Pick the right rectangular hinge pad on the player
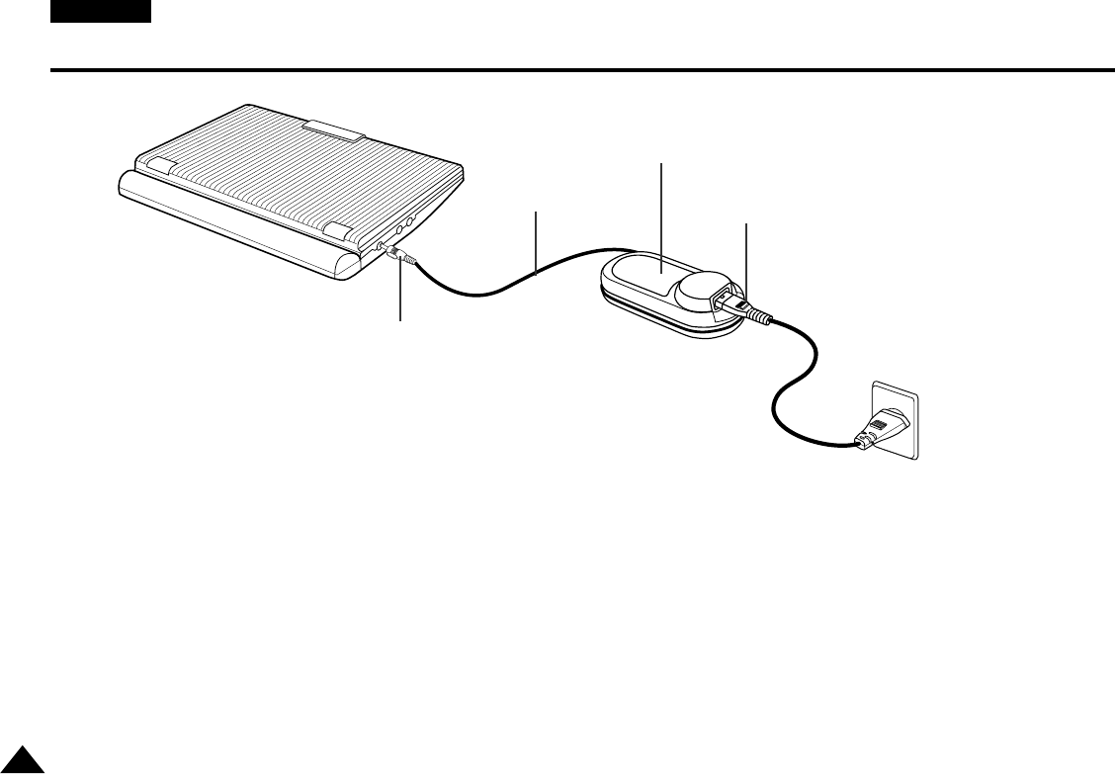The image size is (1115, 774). pyautogui.click(x=338, y=232)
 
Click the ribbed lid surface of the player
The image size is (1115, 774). pyautogui.click(x=297, y=178)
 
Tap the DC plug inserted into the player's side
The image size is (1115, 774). pyautogui.click(x=400, y=257)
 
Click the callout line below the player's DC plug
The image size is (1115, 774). pyautogui.click(x=400, y=297)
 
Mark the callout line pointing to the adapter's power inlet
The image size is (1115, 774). pyautogui.click(x=744, y=257)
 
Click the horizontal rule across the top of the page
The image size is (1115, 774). pyautogui.click(x=583, y=71)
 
